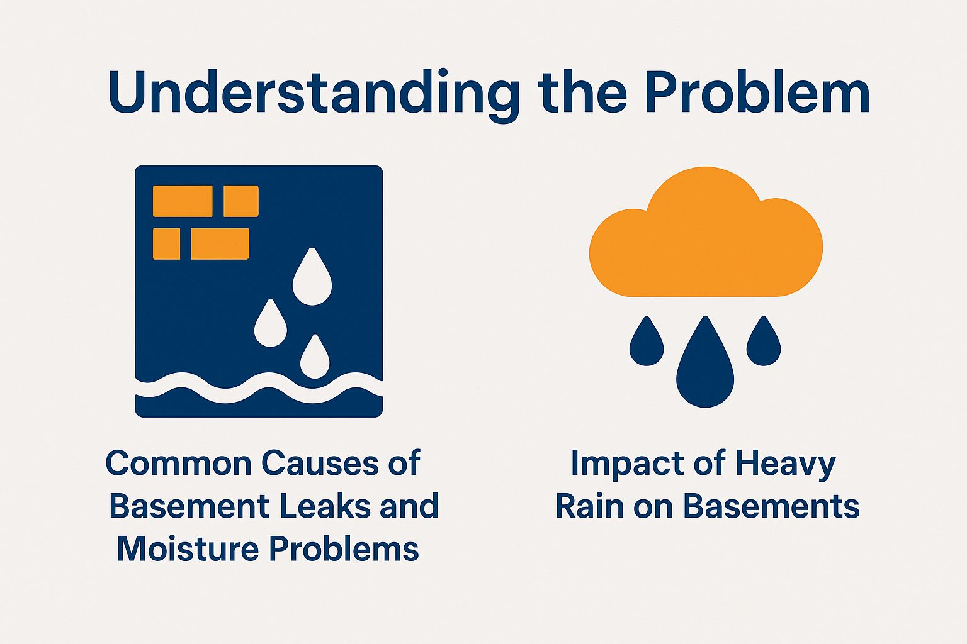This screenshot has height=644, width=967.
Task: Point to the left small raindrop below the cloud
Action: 646,345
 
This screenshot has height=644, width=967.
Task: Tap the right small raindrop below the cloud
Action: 764,345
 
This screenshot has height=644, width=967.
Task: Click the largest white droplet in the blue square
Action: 312,280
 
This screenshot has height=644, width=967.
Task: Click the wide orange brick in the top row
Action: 183,201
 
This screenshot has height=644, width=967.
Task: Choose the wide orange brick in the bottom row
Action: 220,244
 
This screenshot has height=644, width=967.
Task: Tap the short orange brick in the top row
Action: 241,201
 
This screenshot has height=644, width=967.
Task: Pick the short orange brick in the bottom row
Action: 166,244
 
